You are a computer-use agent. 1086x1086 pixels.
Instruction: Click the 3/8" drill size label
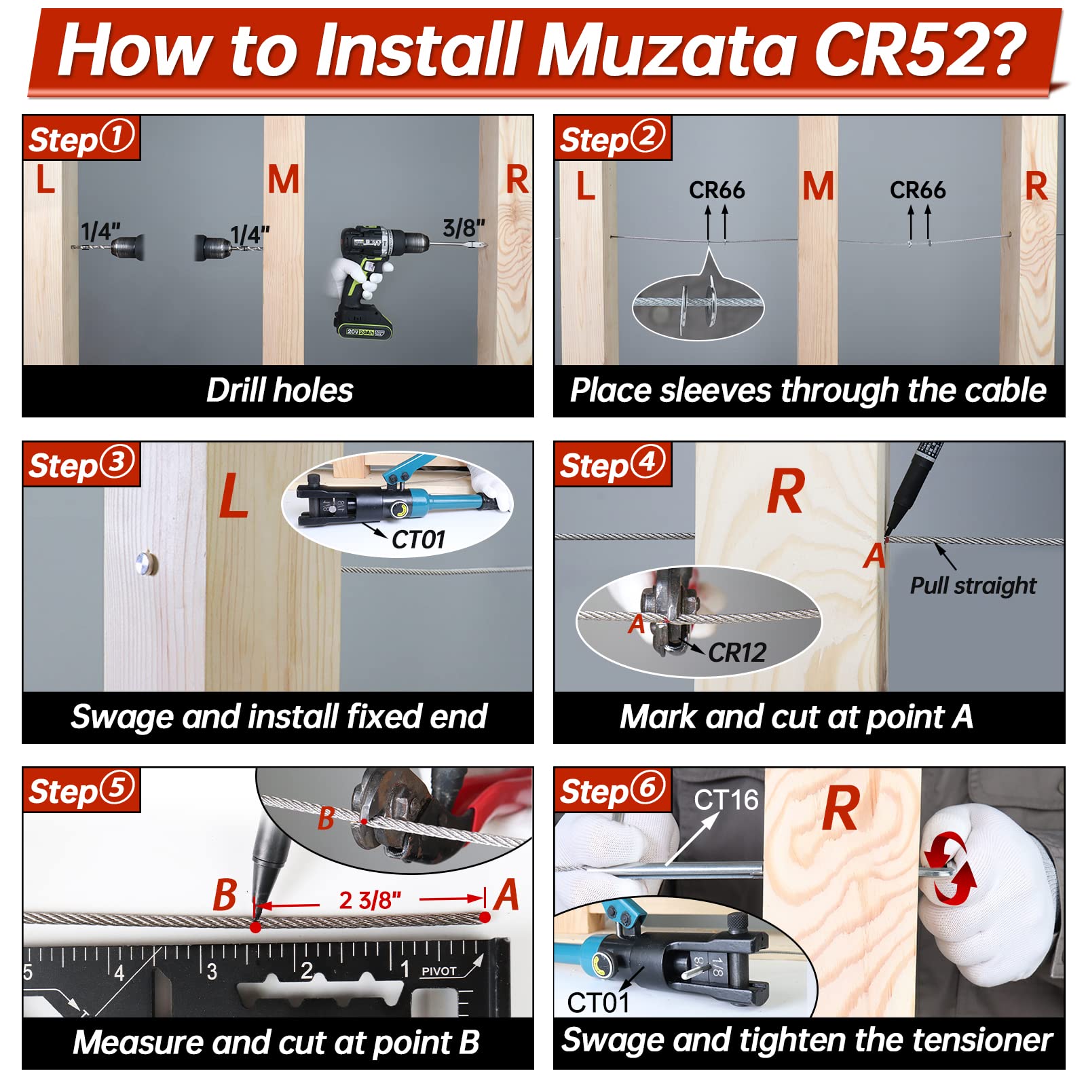coord(464,228)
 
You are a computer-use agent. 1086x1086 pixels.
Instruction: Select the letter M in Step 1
coord(283,180)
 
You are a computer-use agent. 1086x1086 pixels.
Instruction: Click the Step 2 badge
coord(613,138)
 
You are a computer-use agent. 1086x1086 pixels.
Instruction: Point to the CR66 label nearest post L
coord(717,190)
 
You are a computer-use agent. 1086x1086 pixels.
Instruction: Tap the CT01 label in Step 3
coord(418,540)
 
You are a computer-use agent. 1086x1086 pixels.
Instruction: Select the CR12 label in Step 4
coord(737,652)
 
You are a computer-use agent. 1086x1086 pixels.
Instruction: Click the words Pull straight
coord(973,586)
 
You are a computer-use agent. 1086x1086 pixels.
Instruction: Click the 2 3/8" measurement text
coord(370,900)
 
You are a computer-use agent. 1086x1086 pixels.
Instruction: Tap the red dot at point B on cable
coord(255,926)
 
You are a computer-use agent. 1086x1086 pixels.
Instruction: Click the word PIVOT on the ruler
coord(439,971)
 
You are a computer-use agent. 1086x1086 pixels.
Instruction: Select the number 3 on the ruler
coord(212,972)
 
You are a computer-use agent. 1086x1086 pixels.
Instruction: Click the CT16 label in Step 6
coord(726,800)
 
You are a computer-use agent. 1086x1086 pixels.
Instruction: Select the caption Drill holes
coord(280,391)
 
